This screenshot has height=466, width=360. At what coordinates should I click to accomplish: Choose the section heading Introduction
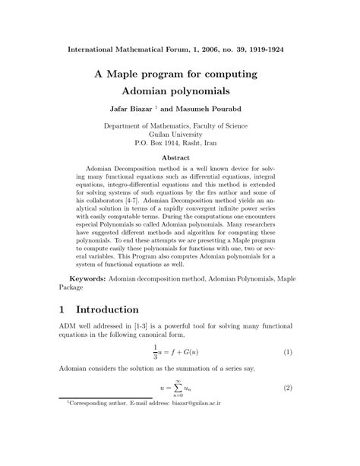[x=117, y=310]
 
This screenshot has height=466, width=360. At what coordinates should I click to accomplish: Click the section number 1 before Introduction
[x=64, y=310]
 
